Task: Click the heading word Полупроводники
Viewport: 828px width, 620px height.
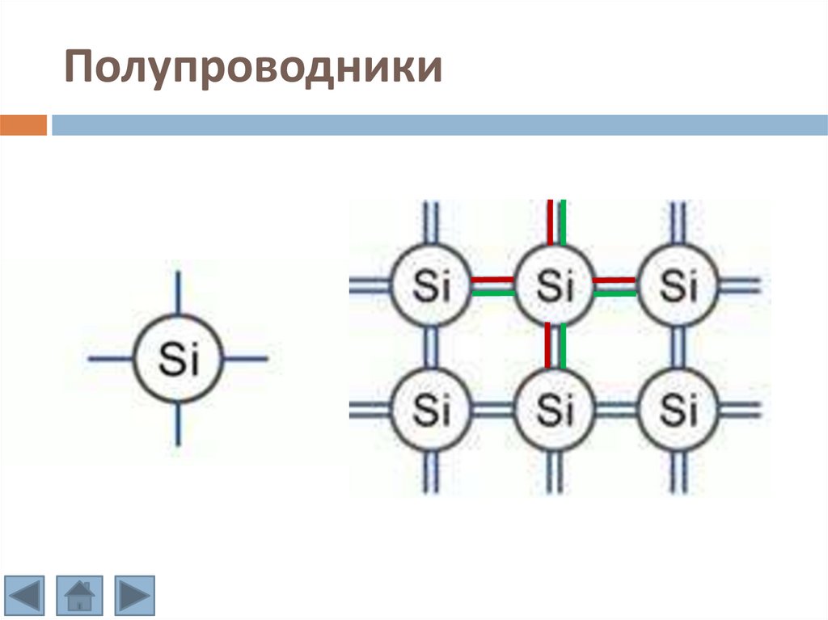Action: (253, 69)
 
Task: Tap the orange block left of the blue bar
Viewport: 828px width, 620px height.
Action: (23, 125)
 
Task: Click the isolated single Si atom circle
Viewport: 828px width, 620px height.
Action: (178, 359)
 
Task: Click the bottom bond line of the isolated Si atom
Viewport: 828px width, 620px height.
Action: (178, 424)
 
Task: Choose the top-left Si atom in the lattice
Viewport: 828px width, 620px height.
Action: (432, 285)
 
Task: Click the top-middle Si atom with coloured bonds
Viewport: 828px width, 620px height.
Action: (555, 285)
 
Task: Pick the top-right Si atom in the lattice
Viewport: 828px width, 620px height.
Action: (678, 285)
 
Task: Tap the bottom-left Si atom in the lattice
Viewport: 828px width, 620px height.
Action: (432, 410)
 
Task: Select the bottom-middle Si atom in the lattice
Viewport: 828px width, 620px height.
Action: (555, 410)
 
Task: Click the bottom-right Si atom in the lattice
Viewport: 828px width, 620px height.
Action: (678, 410)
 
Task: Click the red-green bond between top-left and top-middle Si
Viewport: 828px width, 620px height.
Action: (493, 285)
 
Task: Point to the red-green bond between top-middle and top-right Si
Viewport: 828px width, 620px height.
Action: (616, 285)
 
